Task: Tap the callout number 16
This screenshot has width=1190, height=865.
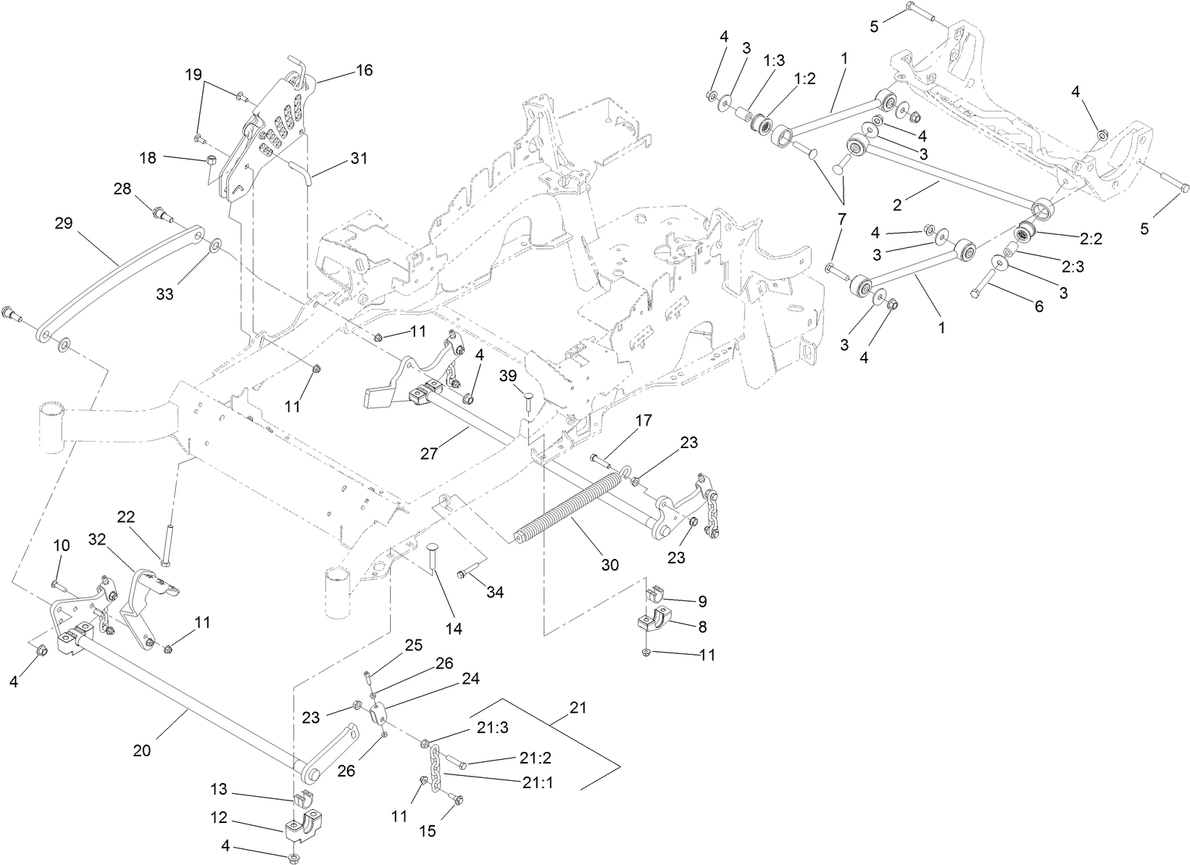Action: (x=364, y=70)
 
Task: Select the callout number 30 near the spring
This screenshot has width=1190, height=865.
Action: (x=610, y=564)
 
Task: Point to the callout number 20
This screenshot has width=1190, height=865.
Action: (x=142, y=750)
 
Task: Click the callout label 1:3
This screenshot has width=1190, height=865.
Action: (x=774, y=61)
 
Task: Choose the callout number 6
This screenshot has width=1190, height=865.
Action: (x=1039, y=306)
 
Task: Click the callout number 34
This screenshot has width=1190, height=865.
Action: (x=495, y=592)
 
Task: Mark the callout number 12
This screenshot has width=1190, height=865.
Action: (x=220, y=818)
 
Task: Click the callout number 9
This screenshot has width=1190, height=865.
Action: (x=701, y=601)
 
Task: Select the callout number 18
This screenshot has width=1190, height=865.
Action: (x=148, y=157)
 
